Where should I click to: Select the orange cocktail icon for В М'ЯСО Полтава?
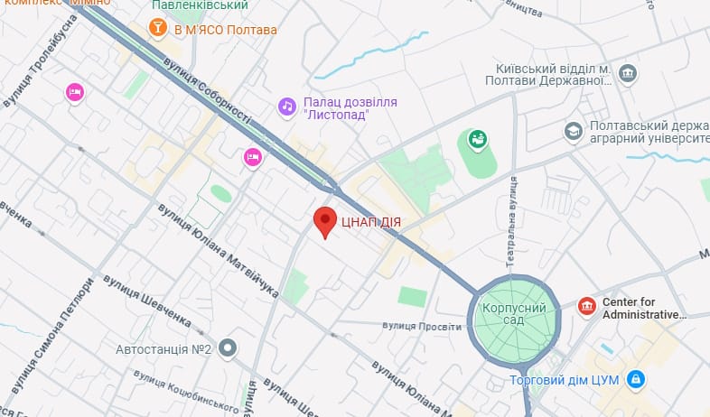[x=159, y=30]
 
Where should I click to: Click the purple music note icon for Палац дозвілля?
[x=286, y=107]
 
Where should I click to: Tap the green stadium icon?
[x=476, y=139]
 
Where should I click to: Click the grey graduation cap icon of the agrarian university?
[x=572, y=133]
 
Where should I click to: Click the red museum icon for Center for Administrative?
[x=587, y=308]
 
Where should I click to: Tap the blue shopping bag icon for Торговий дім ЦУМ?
[x=636, y=378]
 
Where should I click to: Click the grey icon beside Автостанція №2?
[x=228, y=347]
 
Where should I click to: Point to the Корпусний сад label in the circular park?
[x=513, y=314]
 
